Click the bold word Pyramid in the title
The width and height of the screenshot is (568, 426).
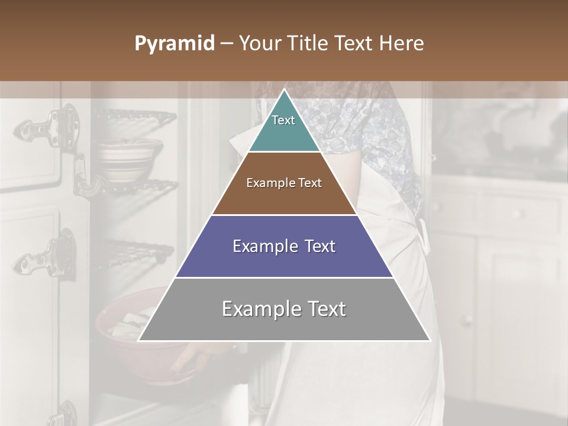pyautogui.click(x=175, y=44)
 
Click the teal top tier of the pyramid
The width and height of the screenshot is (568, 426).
pyautogui.click(x=284, y=127)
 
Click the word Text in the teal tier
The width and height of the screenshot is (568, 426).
pyautogui.click(x=283, y=120)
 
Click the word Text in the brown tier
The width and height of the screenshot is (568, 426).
pyautogui.click(x=310, y=183)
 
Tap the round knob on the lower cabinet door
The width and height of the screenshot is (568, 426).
pyautogui.click(x=467, y=320)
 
